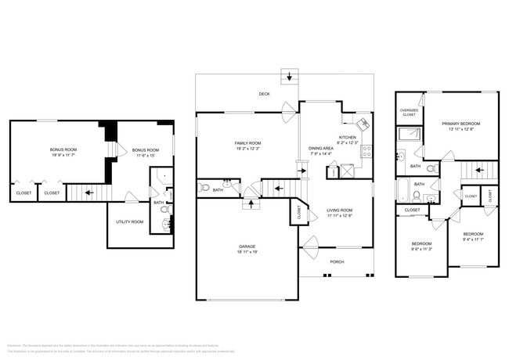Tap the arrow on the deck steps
291,77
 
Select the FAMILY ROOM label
247,143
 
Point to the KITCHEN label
348,138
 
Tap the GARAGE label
247,247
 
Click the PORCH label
337,261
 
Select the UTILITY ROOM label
130,222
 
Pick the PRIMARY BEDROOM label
460,124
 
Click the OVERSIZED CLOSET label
409,112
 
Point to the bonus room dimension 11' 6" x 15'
145,155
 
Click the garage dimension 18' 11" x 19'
247,252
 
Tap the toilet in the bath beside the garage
204,187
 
